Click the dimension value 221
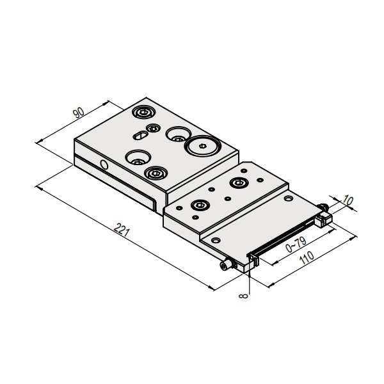click(x=122, y=230)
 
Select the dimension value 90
click(x=79, y=113)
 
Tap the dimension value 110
click(x=307, y=257)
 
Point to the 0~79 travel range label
click(x=296, y=244)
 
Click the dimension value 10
click(x=348, y=200)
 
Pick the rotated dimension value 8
click(x=243, y=296)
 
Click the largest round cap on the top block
click(x=203, y=146)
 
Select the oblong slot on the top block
click(x=140, y=135)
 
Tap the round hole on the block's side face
click(x=104, y=165)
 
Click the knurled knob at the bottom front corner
click(x=225, y=265)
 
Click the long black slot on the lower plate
click(x=282, y=238)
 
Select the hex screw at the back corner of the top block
click(x=143, y=113)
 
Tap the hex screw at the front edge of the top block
click(x=156, y=173)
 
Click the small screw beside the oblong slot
click(x=153, y=128)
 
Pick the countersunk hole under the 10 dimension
click(x=288, y=198)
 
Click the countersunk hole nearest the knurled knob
click(x=216, y=241)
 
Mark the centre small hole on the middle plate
click(x=228, y=198)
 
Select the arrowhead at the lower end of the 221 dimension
click(x=211, y=288)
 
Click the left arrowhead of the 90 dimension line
click(x=40, y=141)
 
